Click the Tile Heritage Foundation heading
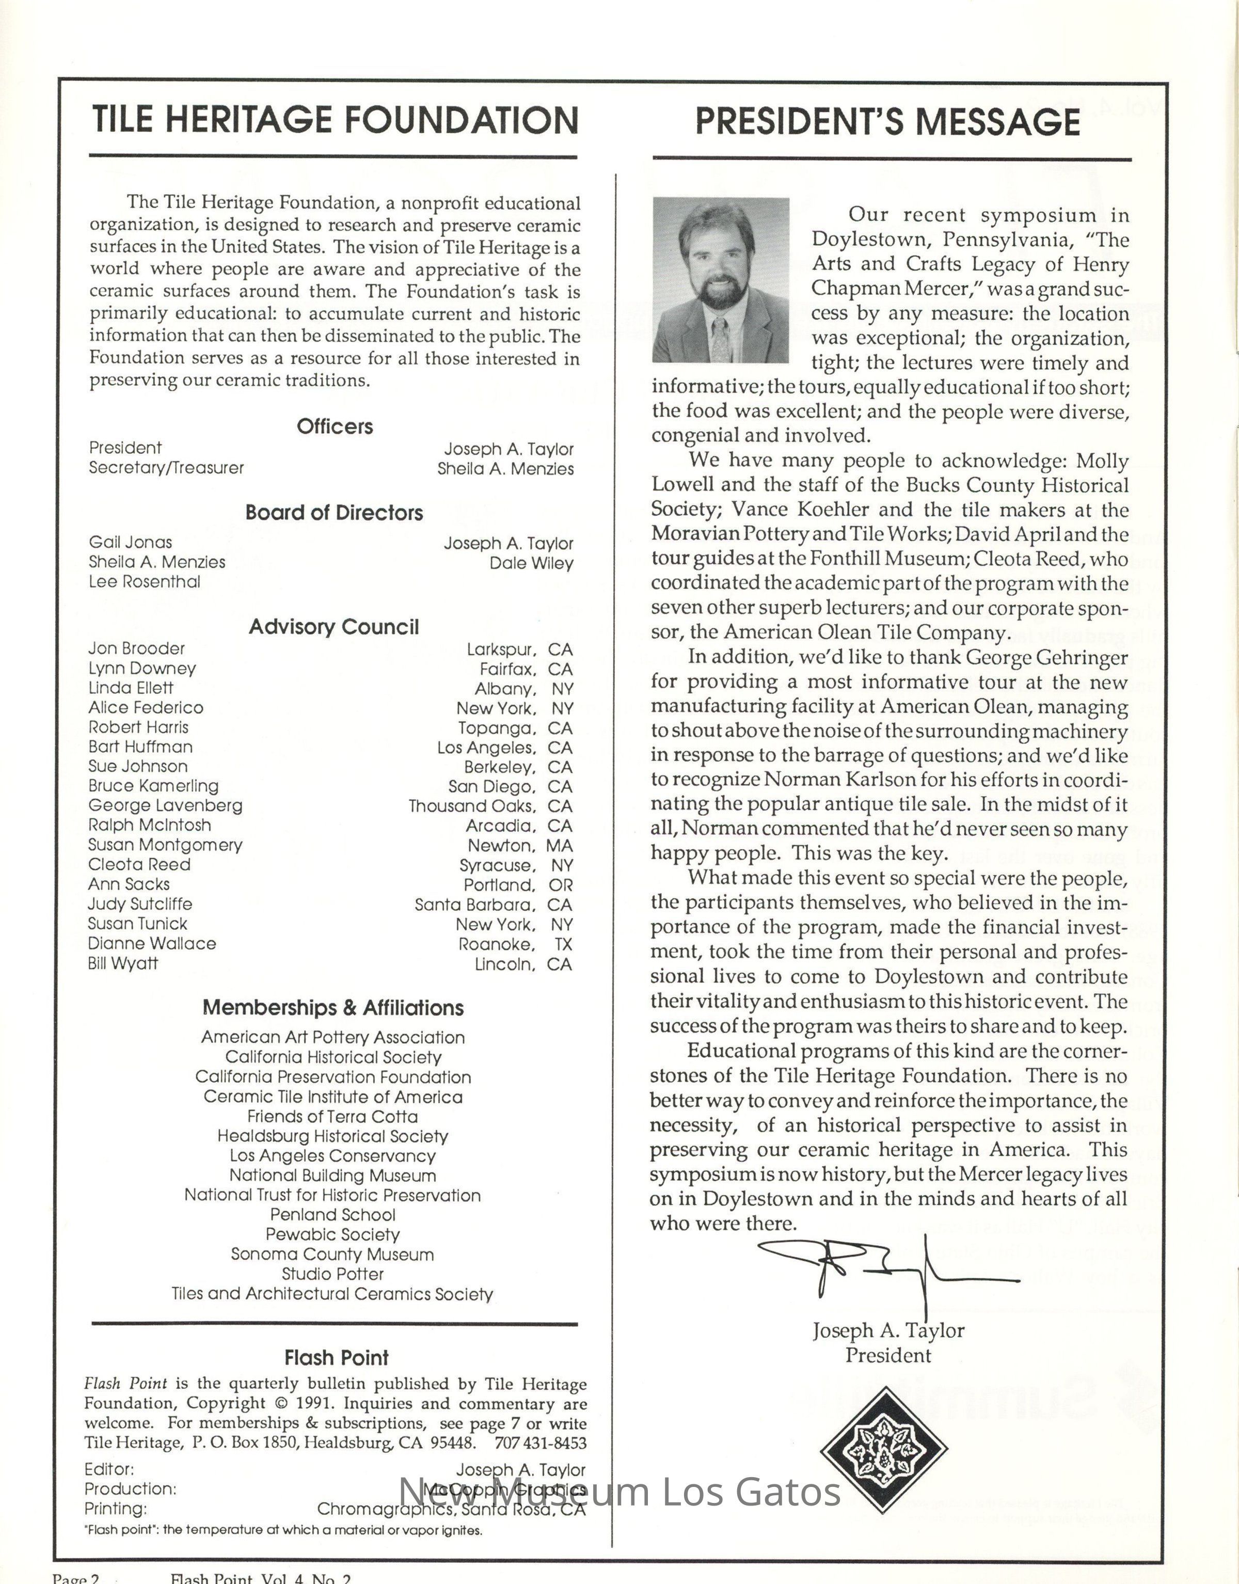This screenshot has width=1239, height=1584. (x=335, y=120)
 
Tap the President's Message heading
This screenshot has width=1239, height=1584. (x=888, y=121)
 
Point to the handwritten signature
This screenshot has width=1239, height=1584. (x=885, y=1271)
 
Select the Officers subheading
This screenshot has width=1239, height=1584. (x=335, y=426)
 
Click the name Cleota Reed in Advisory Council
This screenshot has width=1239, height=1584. (x=139, y=864)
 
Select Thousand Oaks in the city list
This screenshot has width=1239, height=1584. (x=471, y=806)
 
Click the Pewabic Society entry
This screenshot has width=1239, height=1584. (x=333, y=1234)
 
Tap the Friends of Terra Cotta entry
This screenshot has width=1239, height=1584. (x=333, y=1116)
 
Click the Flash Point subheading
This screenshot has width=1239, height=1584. (x=336, y=1358)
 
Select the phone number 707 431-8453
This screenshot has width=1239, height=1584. (x=541, y=1443)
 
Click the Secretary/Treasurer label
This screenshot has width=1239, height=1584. (x=166, y=468)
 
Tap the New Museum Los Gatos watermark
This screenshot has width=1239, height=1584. (x=620, y=1492)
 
